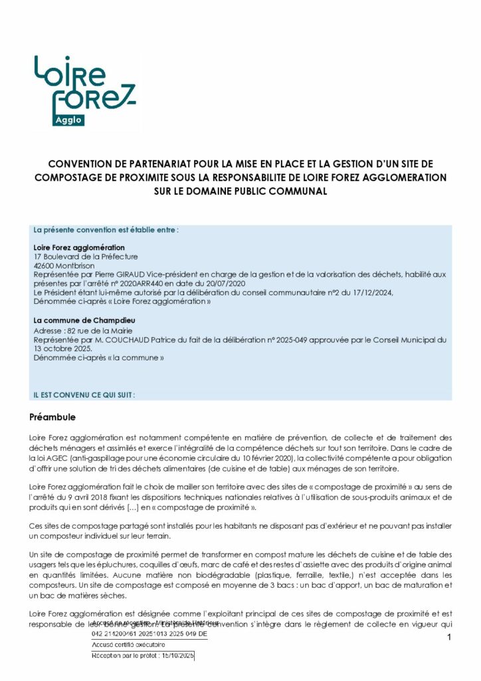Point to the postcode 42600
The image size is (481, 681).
(45, 265)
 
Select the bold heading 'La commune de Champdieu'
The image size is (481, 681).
(76, 320)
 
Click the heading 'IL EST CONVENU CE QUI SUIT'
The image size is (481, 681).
(84, 394)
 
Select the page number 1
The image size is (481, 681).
(450, 638)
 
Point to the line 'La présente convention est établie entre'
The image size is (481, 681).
(106, 230)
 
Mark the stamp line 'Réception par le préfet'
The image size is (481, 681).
(142, 656)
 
